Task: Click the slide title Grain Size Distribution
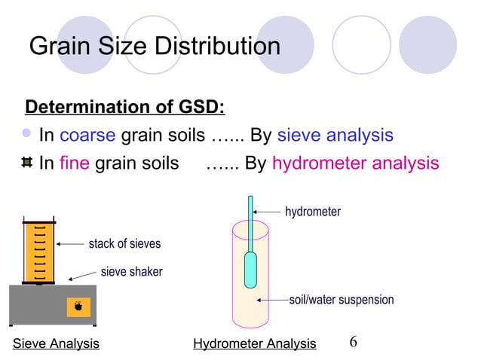[x=154, y=47]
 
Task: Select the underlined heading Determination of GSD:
[x=125, y=106]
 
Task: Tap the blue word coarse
[x=87, y=136]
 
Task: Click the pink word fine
[x=75, y=163]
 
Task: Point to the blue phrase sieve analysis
[x=335, y=136]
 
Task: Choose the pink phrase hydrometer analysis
[x=355, y=163]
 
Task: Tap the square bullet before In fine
[x=27, y=163]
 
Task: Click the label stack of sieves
[x=124, y=244]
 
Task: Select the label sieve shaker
[x=131, y=271]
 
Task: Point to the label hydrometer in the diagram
[x=312, y=212]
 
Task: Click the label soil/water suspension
[x=342, y=300]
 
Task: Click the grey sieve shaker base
[x=53, y=305]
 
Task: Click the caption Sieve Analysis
[x=57, y=344]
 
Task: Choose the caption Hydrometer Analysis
[x=254, y=344]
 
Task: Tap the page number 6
[x=353, y=342]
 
